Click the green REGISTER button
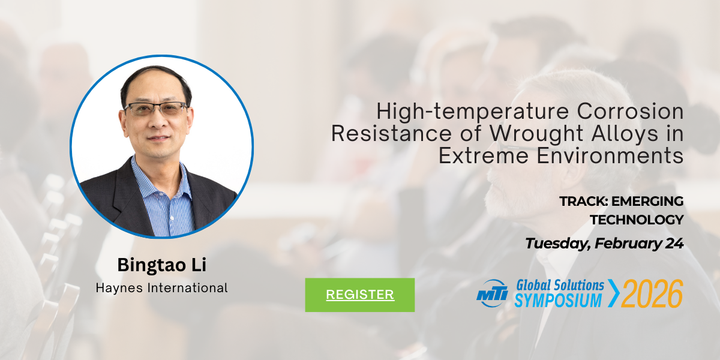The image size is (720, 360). point(359,295)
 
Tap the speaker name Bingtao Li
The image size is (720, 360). point(161,265)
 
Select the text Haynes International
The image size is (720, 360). point(161,287)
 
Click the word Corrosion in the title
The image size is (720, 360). point(630,111)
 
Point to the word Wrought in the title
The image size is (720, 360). point(536,134)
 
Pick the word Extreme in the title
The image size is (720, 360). point(484,156)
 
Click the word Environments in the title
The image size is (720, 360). point(610,156)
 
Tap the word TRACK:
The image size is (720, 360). point(584,202)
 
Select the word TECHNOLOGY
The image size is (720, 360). point(637,220)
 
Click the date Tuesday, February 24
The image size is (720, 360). point(604,244)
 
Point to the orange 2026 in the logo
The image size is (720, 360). point(652,293)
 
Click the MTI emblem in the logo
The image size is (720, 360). point(492,293)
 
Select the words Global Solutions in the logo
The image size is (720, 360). point(560,286)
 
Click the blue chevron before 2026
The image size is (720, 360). point(613,293)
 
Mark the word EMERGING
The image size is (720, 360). point(647,202)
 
